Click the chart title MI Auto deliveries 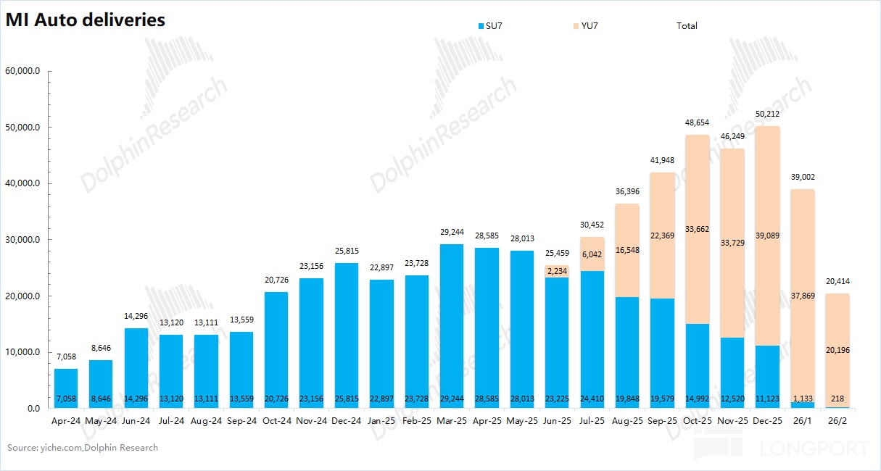[86, 20]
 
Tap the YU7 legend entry [586, 26]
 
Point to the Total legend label [687, 26]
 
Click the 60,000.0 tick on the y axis [25, 71]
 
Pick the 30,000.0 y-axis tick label [25, 240]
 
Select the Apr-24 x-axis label [65, 420]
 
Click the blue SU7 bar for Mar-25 [452, 326]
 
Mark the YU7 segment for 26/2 [837, 350]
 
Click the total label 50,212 [767, 114]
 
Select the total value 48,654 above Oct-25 [697, 122]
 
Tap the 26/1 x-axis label [802, 420]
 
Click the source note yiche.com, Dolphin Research [83, 448]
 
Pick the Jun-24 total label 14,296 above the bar [136, 316]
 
